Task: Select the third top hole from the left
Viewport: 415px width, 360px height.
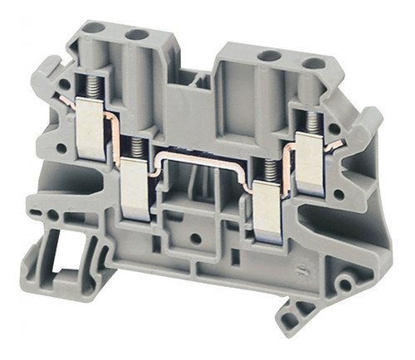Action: [267, 56]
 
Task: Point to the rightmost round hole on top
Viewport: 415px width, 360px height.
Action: [312, 62]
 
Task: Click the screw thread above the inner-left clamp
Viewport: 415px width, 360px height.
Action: [134, 148]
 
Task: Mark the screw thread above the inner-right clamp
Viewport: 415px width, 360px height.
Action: [267, 174]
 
